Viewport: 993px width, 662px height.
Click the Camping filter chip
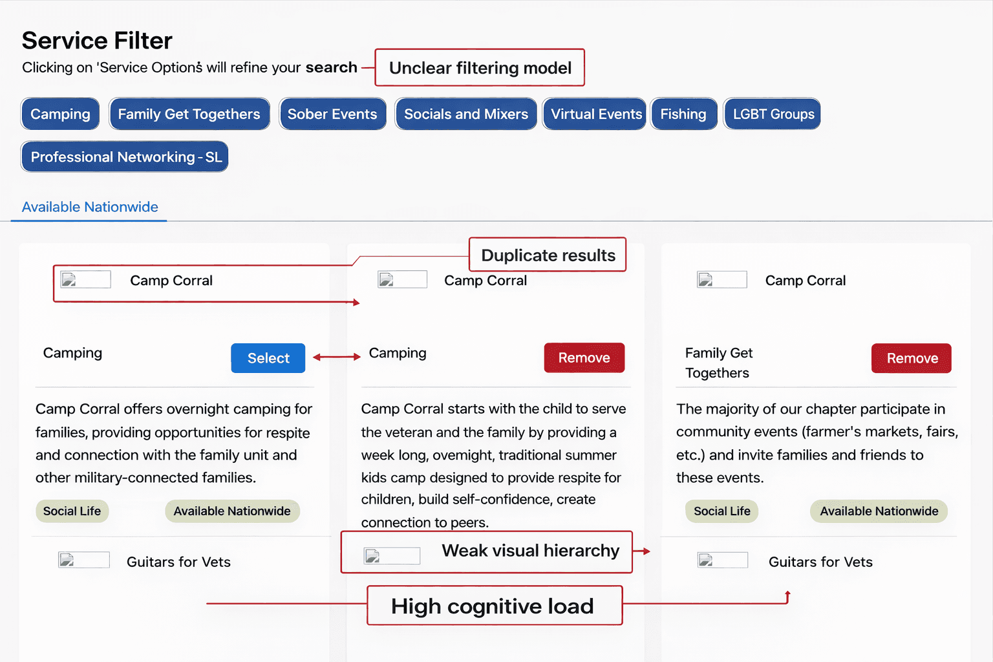click(x=60, y=114)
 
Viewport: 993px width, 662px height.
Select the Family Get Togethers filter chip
click(x=189, y=114)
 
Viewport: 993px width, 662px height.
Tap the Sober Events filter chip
click(x=332, y=114)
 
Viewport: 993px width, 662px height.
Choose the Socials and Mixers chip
click(x=465, y=114)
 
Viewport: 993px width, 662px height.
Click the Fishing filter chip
click(x=683, y=114)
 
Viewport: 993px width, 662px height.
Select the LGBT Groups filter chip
click(x=773, y=114)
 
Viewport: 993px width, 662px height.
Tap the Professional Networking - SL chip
click(x=125, y=157)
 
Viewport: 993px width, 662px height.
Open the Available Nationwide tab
click(x=90, y=207)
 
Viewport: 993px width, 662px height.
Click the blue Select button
click(x=268, y=358)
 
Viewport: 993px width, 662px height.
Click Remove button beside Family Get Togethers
click(x=912, y=358)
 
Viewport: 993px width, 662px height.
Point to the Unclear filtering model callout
click(x=480, y=68)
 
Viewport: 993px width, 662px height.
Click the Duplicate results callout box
click(x=548, y=255)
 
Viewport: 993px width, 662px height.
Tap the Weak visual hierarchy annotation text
click(x=530, y=551)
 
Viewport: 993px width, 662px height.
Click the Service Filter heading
click(x=97, y=41)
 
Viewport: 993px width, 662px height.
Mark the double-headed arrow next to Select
click(x=337, y=357)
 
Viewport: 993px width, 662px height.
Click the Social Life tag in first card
click(x=72, y=511)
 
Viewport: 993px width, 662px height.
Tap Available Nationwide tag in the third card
click(x=879, y=511)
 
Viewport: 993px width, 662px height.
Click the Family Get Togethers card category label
click(x=718, y=363)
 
